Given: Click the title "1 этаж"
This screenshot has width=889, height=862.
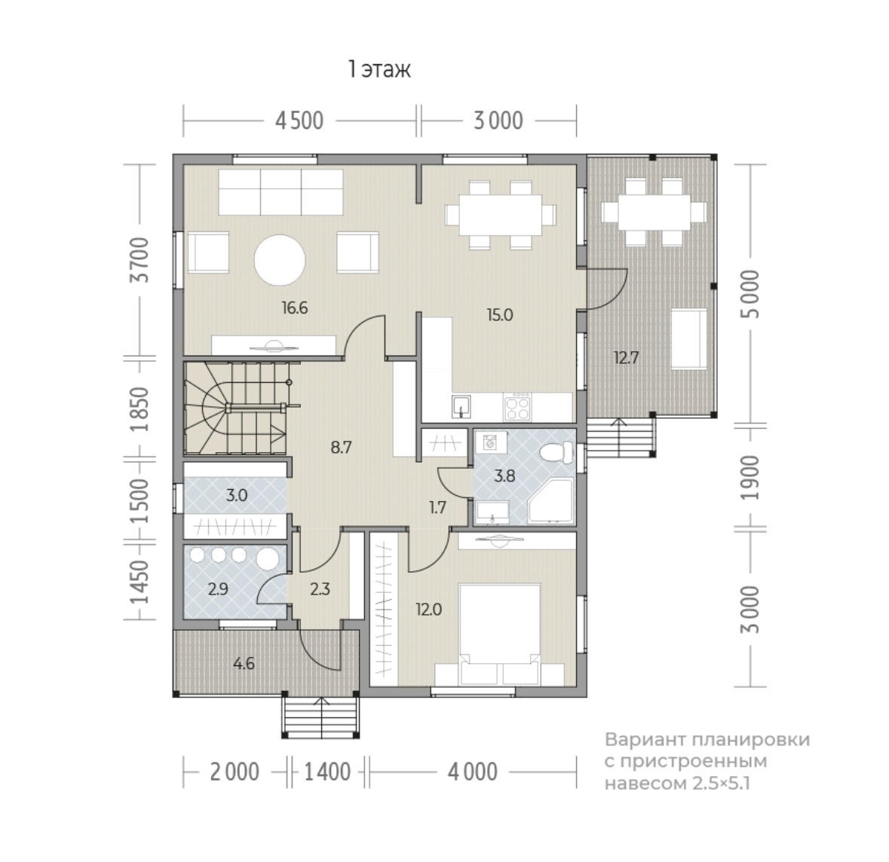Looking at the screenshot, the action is [379, 70].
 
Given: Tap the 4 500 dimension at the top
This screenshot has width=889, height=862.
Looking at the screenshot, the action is [299, 121].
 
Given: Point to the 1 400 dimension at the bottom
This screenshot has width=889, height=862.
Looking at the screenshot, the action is [328, 772].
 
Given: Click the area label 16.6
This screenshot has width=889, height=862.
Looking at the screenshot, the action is [295, 307].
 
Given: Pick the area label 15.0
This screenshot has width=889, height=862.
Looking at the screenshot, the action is [499, 314].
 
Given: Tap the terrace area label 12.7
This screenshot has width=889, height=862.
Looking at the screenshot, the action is [627, 358].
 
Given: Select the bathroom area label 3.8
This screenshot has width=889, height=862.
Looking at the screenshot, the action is [504, 476].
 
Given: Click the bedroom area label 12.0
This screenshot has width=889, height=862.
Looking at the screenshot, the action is [428, 610].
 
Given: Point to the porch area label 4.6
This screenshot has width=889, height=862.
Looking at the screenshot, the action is [244, 663].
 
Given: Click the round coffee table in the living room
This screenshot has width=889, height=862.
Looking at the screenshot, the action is [280, 260].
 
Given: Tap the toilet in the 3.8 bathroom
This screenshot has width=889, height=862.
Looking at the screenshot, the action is [556, 454].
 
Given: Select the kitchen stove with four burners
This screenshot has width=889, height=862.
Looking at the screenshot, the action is [517, 406].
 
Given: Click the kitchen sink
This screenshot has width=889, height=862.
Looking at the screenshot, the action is [461, 406].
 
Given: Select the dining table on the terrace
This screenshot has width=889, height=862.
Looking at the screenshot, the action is [654, 212].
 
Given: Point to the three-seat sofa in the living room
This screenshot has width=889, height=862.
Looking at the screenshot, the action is [280, 192].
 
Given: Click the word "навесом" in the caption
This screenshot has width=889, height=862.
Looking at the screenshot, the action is [645, 783].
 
